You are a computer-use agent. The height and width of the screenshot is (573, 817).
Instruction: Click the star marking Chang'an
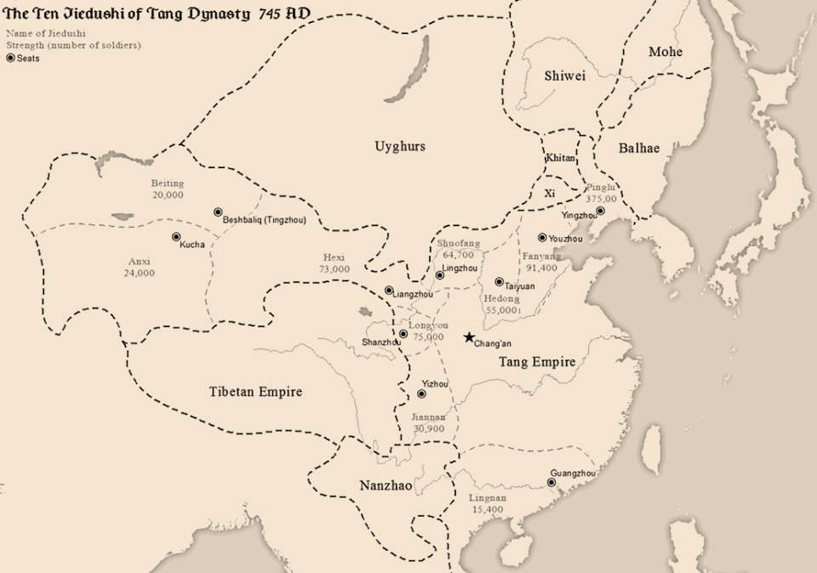tap(468, 338)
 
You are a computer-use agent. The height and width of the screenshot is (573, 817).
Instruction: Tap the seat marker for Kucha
tap(176, 237)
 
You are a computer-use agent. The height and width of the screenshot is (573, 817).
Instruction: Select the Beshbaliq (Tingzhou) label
tap(264, 220)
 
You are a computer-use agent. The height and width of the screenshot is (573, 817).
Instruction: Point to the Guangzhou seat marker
tap(551, 482)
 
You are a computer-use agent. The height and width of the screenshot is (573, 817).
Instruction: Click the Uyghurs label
tap(400, 146)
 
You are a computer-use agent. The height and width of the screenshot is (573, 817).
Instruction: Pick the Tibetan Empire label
tap(255, 392)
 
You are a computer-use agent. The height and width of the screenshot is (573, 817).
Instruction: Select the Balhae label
tap(638, 148)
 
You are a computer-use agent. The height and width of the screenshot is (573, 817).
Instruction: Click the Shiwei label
tap(565, 77)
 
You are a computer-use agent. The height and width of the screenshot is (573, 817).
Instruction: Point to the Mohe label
tap(666, 52)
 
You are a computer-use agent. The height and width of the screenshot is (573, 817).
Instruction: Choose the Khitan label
tap(561, 159)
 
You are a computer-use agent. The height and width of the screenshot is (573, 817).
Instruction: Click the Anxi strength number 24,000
tap(140, 274)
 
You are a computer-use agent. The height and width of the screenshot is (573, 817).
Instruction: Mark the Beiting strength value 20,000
tap(168, 195)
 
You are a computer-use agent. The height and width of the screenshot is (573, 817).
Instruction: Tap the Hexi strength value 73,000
tap(334, 269)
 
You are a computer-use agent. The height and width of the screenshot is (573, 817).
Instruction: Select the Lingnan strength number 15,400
tap(487, 509)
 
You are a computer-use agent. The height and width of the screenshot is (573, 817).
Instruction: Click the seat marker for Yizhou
tap(421, 394)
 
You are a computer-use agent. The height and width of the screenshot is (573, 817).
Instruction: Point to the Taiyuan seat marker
tap(499, 281)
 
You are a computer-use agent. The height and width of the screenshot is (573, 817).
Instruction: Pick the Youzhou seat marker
tap(542, 237)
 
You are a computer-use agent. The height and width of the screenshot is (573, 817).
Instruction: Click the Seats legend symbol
tap(10, 58)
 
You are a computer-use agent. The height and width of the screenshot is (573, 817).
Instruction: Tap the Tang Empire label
tap(536, 362)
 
